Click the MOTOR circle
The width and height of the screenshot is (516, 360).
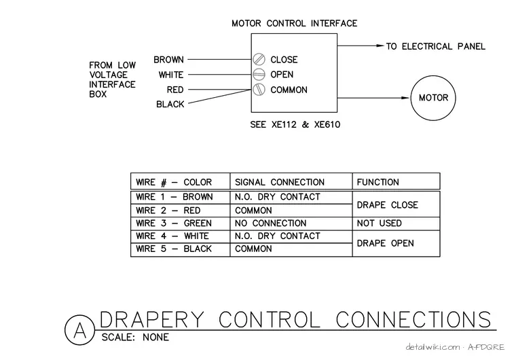point(433,75)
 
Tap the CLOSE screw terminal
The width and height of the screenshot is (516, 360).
point(259,59)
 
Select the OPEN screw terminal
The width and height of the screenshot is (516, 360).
point(259,75)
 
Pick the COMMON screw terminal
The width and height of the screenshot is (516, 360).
point(259,90)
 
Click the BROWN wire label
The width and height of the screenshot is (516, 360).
point(168,60)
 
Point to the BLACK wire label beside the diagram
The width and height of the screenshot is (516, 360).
point(170,104)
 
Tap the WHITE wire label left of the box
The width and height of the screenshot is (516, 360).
point(171,75)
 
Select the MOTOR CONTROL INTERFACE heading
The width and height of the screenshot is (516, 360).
point(295,23)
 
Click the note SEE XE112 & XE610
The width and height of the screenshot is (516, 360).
point(295,124)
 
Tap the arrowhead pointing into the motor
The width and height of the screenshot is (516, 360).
point(405,98)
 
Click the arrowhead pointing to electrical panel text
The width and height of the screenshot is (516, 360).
point(380,46)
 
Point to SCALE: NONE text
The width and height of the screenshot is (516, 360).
point(135,338)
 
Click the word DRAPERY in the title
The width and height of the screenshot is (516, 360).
point(151,319)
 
